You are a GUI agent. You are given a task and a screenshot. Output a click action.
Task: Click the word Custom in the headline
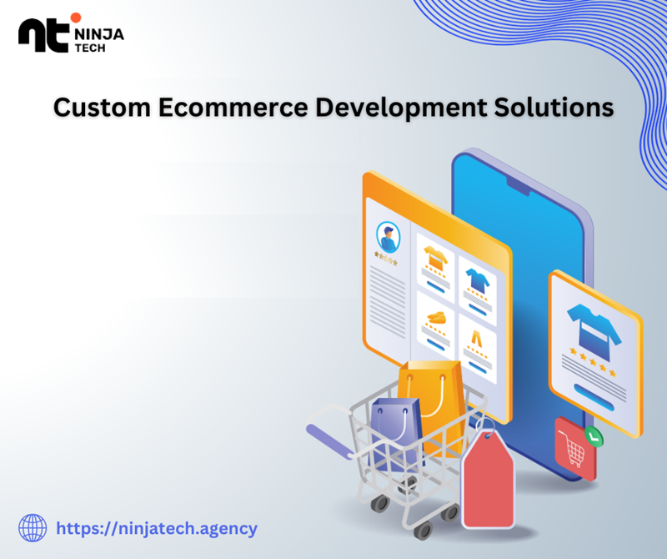[x=102, y=107]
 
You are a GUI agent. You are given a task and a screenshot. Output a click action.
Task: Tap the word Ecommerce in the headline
[x=233, y=107]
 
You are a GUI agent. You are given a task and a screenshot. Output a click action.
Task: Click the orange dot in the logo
[x=76, y=18]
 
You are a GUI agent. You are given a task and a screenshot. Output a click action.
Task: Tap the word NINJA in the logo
[x=99, y=34]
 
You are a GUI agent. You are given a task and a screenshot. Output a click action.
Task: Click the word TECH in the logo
[x=90, y=48]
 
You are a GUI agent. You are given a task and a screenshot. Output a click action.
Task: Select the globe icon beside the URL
[x=33, y=528]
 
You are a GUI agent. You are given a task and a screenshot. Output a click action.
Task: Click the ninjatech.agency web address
[x=157, y=529]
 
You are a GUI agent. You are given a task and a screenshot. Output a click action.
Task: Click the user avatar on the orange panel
[x=388, y=237]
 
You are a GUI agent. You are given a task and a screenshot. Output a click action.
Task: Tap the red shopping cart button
[x=575, y=448]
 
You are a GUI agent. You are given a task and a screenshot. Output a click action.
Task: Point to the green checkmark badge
[x=594, y=436]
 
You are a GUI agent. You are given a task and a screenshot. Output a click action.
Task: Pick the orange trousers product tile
[x=477, y=349]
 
